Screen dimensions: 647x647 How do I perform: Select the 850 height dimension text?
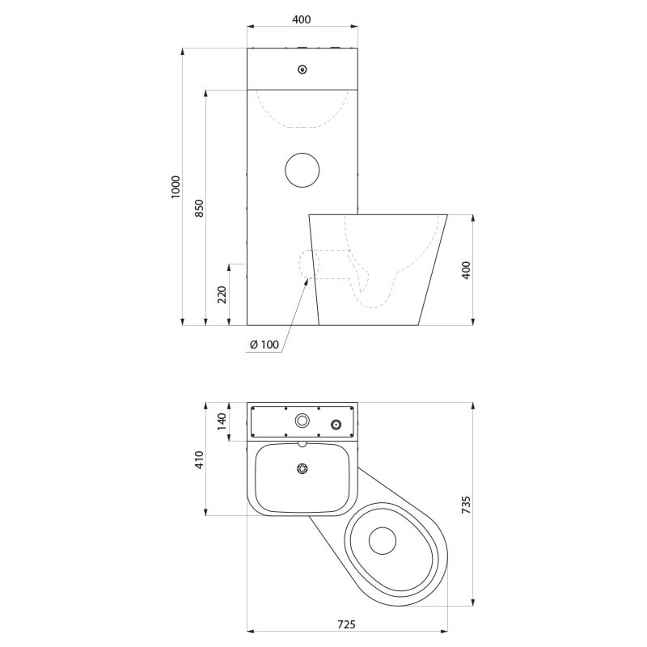pyautogui.click(x=199, y=208)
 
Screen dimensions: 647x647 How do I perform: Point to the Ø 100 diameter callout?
pyautogui.click(x=264, y=345)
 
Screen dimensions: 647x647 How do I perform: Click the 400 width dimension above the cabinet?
pyautogui.click(x=301, y=19)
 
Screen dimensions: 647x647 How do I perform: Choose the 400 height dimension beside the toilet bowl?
pyautogui.click(x=465, y=269)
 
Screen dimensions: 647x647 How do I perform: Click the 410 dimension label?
pyautogui.click(x=199, y=459)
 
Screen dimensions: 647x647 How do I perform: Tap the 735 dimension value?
pyautogui.click(x=466, y=504)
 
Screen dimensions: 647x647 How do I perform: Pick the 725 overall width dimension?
pyautogui.click(x=346, y=624)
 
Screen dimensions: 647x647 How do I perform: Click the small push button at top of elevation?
pyautogui.click(x=302, y=70)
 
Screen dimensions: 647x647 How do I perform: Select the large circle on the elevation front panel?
pyautogui.click(x=302, y=169)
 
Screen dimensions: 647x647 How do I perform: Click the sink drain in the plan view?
pyautogui.click(x=303, y=468)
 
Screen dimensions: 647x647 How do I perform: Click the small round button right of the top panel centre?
pyautogui.click(x=336, y=424)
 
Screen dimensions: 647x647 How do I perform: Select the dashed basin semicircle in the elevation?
pyautogui.click(x=302, y=108)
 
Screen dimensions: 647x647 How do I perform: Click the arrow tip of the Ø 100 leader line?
pyautogui.click(x=307, y=280)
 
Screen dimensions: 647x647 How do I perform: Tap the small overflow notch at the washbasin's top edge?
pyautogui.click(x=303, y=444)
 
